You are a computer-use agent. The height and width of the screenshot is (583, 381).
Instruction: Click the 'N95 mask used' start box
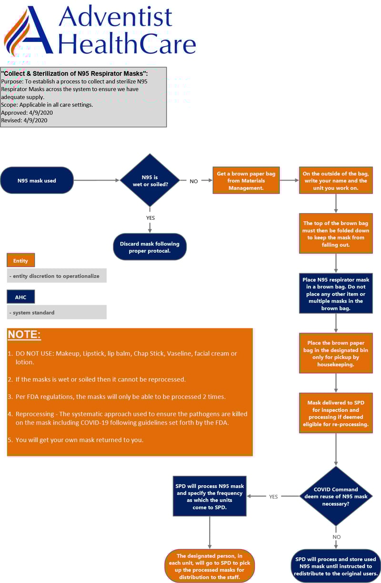coord(37,181)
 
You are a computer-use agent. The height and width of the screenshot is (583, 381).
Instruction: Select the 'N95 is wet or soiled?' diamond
coord(150,180)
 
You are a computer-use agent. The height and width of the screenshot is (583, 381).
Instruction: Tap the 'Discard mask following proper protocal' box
coord(150,247)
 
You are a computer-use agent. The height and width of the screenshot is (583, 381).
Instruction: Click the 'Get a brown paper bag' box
coord(246,180)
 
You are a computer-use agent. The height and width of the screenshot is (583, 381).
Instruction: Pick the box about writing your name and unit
coord(336,180)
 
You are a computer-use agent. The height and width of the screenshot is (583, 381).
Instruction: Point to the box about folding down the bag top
coord(336,234)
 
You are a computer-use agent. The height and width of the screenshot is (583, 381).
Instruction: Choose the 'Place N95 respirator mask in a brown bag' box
coord(336,293)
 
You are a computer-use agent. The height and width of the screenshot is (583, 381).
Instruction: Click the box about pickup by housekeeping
coord(336,353)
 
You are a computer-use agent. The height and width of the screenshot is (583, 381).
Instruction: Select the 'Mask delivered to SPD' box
coord(336,413)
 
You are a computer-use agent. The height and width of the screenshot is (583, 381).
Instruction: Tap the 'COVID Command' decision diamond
coord(336,496)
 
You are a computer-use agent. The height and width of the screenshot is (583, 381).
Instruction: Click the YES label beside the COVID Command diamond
coord(273,497)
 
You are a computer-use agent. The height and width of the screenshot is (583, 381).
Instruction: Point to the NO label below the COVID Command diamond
coord(336,537)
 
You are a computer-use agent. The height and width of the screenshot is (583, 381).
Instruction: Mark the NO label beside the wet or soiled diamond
coord(194,181)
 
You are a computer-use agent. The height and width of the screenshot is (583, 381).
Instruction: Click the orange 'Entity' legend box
coord(20,261)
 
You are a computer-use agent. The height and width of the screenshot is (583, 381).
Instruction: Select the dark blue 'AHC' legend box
coord(20,297)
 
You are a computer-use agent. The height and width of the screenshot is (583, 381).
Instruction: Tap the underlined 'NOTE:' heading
coord(24,335)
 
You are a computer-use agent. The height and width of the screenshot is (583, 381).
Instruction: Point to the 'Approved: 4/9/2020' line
coord(27,113)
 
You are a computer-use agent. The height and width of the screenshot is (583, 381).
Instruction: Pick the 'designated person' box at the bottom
coord(210,566)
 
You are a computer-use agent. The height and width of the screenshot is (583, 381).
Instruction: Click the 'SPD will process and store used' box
coord(336,566)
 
